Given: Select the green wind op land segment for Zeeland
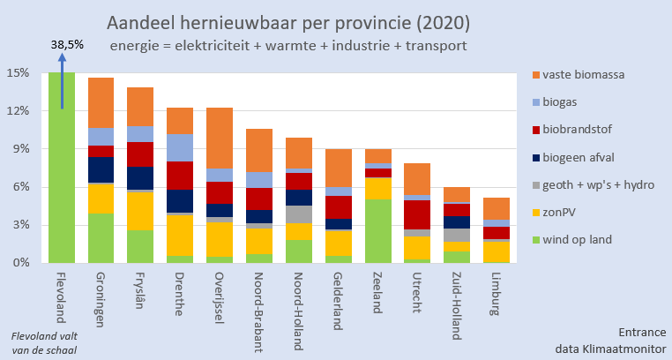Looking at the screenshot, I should pyautogui.click(x=378, y=230).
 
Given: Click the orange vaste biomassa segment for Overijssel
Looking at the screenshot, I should pyautogui.click(x=220, y=138).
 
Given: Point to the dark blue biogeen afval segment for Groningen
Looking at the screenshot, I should pyautogui.click(x=101, y=169).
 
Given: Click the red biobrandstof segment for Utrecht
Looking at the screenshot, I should pyautogui.click(x=417, y=214).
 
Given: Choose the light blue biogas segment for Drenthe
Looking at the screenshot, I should pyautogui.click(x=180, y=147).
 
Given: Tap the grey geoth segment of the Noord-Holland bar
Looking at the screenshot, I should pyautogui.click(x=299, y=214).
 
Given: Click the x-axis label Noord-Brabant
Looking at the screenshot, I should pyautogui.click(x=260, y=308).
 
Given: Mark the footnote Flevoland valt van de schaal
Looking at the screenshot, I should pyautogui.click(x=43, y=341).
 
